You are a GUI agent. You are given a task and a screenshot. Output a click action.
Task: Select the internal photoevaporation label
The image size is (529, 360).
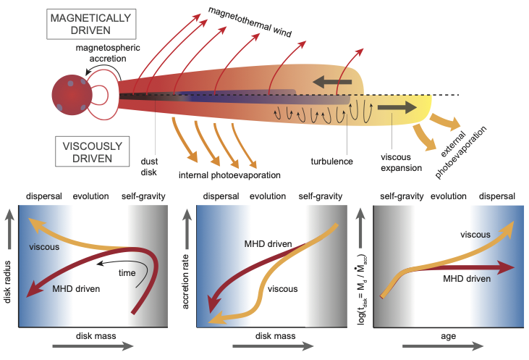pyautogui.click(x=228, y=175)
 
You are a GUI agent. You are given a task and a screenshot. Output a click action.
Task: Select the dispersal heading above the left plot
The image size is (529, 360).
pyautogui.click(x=46, y=196)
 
